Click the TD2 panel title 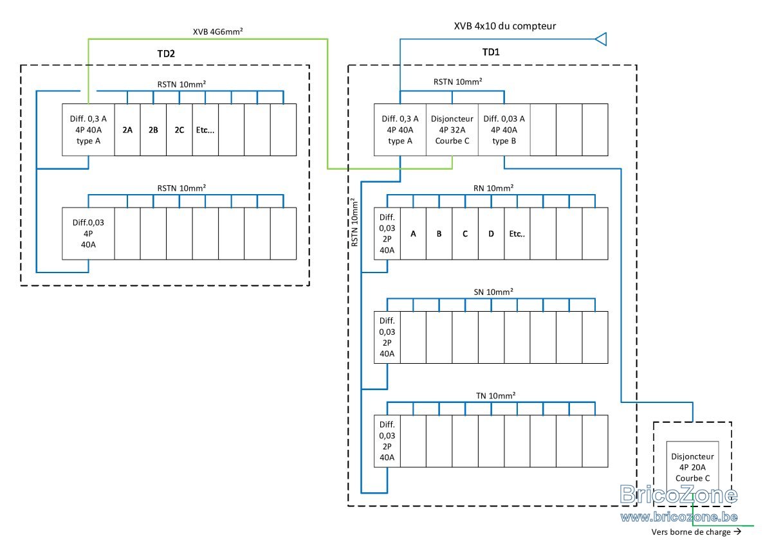point(166,54)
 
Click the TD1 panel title point(491,52)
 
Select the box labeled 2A point(127,130)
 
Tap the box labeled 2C point(179,130)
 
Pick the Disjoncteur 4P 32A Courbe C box point(452,130)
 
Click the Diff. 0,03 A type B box point(504,130)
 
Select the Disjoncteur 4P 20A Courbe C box point(692,467)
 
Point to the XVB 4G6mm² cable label point(218,31)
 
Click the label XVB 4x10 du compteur point(505,26)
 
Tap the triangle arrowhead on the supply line point(601,39)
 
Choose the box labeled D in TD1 point(491,234)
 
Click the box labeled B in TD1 point(439,234)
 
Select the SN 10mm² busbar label point(493,292)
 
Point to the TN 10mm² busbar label point(495,396)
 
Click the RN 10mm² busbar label point(493,188)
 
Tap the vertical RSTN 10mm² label point(354,222)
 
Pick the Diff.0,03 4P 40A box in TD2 point(88,234)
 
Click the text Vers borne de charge point(691,532)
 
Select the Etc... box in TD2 point(205,130)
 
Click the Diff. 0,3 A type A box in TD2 point(88,130)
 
